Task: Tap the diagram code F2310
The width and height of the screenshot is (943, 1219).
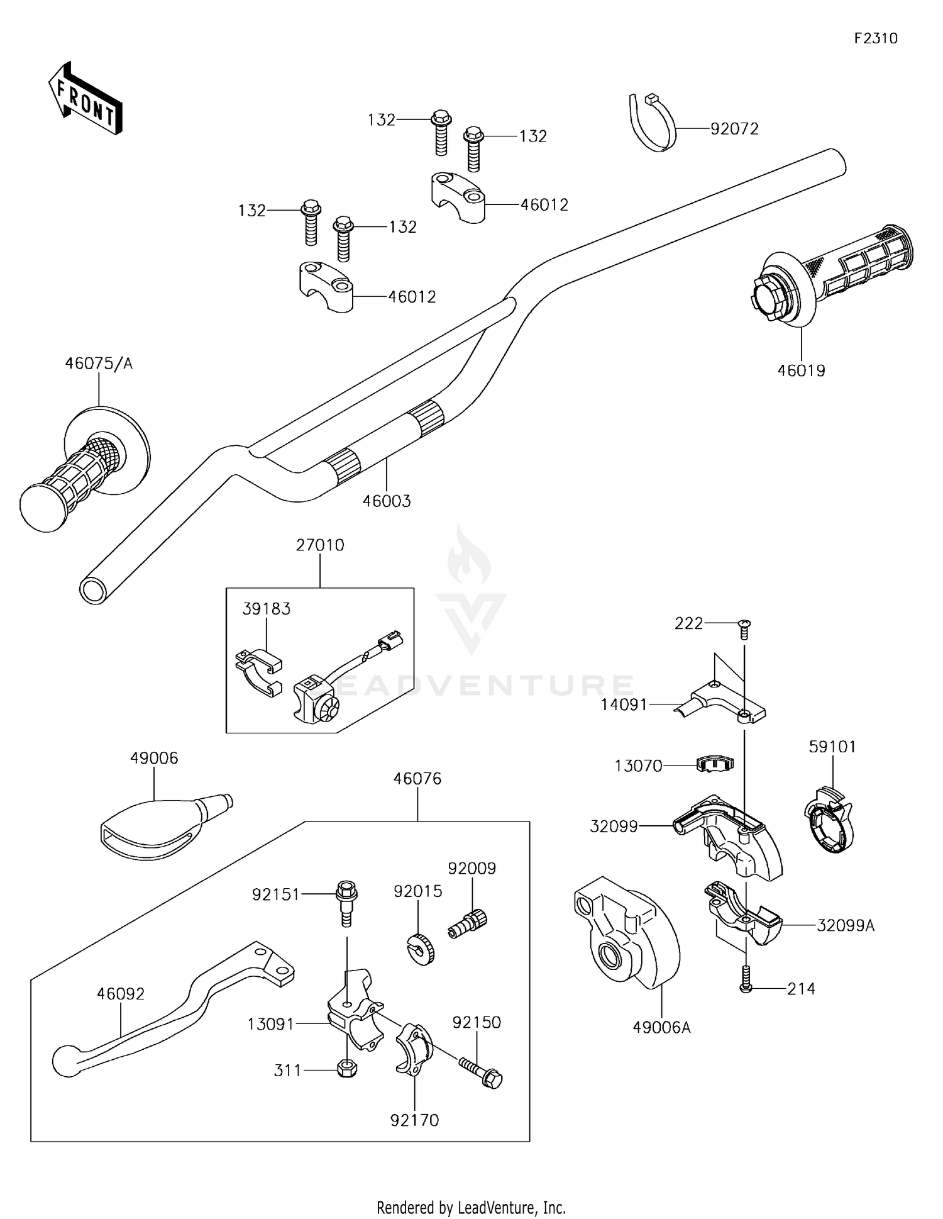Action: pos(876,38)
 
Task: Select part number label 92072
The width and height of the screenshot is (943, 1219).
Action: pos(734,129)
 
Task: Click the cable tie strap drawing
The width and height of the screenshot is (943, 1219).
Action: pos(653,123)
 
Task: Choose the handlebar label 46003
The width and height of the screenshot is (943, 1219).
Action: pos(387,501)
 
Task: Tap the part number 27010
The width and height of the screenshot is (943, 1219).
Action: pos(320,545)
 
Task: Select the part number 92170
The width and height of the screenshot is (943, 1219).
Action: pos(414,1120)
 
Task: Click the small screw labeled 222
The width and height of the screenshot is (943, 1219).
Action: pos(744,629)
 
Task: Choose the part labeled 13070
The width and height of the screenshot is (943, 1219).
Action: pos(715,764)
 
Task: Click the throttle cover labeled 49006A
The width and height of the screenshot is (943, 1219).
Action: pos(627,932)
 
